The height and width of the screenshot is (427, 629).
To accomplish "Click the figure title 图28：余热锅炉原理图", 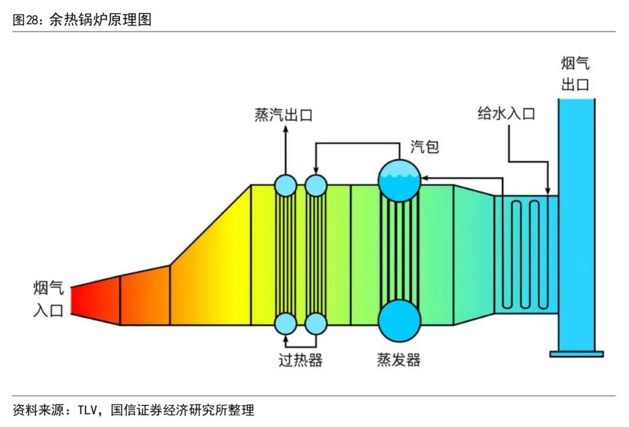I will pyautogui.click(x=82, y=20).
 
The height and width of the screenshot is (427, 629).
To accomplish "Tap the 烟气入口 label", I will pyautogui.click(x=48, y=299).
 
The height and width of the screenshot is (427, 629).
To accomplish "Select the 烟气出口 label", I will pyautogui.click(x=575, y=74).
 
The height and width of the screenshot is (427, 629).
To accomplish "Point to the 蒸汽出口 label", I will pyautogui.click(x=284, y=115).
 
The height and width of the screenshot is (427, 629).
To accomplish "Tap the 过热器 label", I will pyautogui.click(x=300, y=361).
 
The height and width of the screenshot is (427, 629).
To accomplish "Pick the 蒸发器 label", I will pyautogui.click(x=398, y=361).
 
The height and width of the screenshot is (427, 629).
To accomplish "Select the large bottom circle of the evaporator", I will pyautogui.click(x=399, y=321).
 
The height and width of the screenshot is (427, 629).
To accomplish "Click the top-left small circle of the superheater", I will pyautogui.click(x=286, y=185).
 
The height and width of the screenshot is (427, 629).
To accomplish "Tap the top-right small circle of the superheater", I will pyautogui.click(x=316, y=185).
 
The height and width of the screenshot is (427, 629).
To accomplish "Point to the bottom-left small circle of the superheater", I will pyautogui.click(x=286, y=323).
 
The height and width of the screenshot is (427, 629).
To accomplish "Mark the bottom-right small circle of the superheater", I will pyautogui.click(x=316, y=323).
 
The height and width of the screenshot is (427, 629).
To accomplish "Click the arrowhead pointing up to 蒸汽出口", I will pyautogui.click(x=286, y=129).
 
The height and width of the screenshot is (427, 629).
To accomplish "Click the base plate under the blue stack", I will pyautogui.click(x=577, y=353).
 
